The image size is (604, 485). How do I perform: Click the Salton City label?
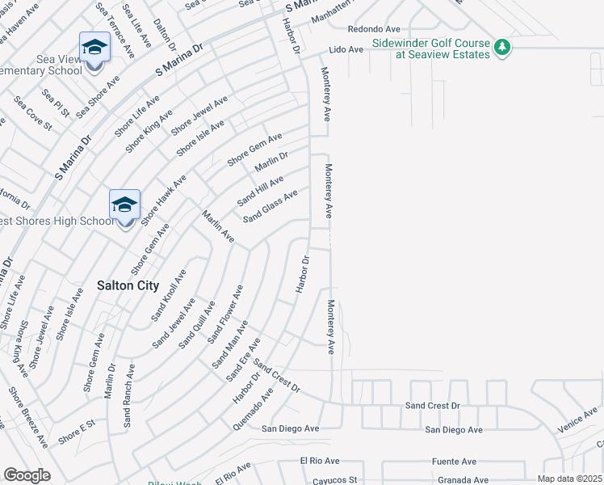tap(128, 285)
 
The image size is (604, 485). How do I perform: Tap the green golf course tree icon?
tap(502, 48)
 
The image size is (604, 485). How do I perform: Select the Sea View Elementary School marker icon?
tap(94, 48)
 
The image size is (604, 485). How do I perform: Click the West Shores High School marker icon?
tap(125, 205)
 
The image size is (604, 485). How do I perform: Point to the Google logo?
tap(27, 475)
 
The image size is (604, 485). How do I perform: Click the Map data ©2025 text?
tap(569, 479)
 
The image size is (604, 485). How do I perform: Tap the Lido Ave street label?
tap(346, 49)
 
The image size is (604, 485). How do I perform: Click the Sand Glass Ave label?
tap(271, 206)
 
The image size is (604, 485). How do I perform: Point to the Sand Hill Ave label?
tap(260, 190)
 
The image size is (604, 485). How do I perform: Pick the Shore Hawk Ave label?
tap(164, 199)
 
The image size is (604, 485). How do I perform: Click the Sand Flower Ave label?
tap(225, 314)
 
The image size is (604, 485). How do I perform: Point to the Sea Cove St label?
tap(32, 115)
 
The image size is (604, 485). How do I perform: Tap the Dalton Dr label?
tap(163, 36)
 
